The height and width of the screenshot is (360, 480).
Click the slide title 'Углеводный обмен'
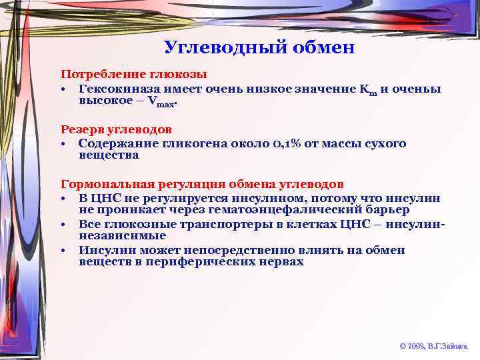coord(259,47)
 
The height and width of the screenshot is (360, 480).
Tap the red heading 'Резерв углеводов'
coord(117,129)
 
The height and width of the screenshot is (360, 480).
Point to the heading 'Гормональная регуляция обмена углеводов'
coord(203,183)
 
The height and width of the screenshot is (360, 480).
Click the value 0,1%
coord(285,144)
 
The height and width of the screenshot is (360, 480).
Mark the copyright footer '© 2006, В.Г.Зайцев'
coord(433,346)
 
